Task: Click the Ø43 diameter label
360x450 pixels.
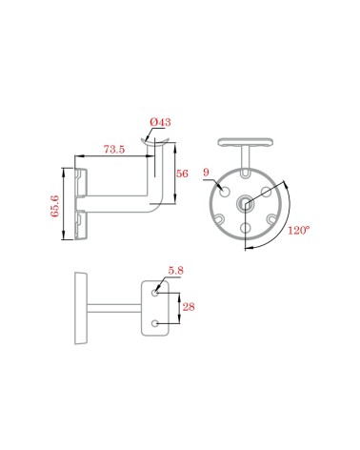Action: [x=160, y=122]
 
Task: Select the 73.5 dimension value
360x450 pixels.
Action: [x=114, y=150]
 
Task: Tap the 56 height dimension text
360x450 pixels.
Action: [x=182, y=174]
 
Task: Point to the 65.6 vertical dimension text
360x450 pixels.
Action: [x=55, y=206]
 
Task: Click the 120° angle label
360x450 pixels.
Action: [x=298, y=230]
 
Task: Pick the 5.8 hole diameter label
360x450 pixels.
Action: [x=176, y=271]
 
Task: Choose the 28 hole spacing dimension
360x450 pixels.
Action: [x=189, y=307]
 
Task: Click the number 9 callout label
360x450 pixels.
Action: [x=207, y=173]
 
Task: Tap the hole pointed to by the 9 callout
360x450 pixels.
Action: [x=225, y=192]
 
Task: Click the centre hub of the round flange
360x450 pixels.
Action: [x=245, y=202]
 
